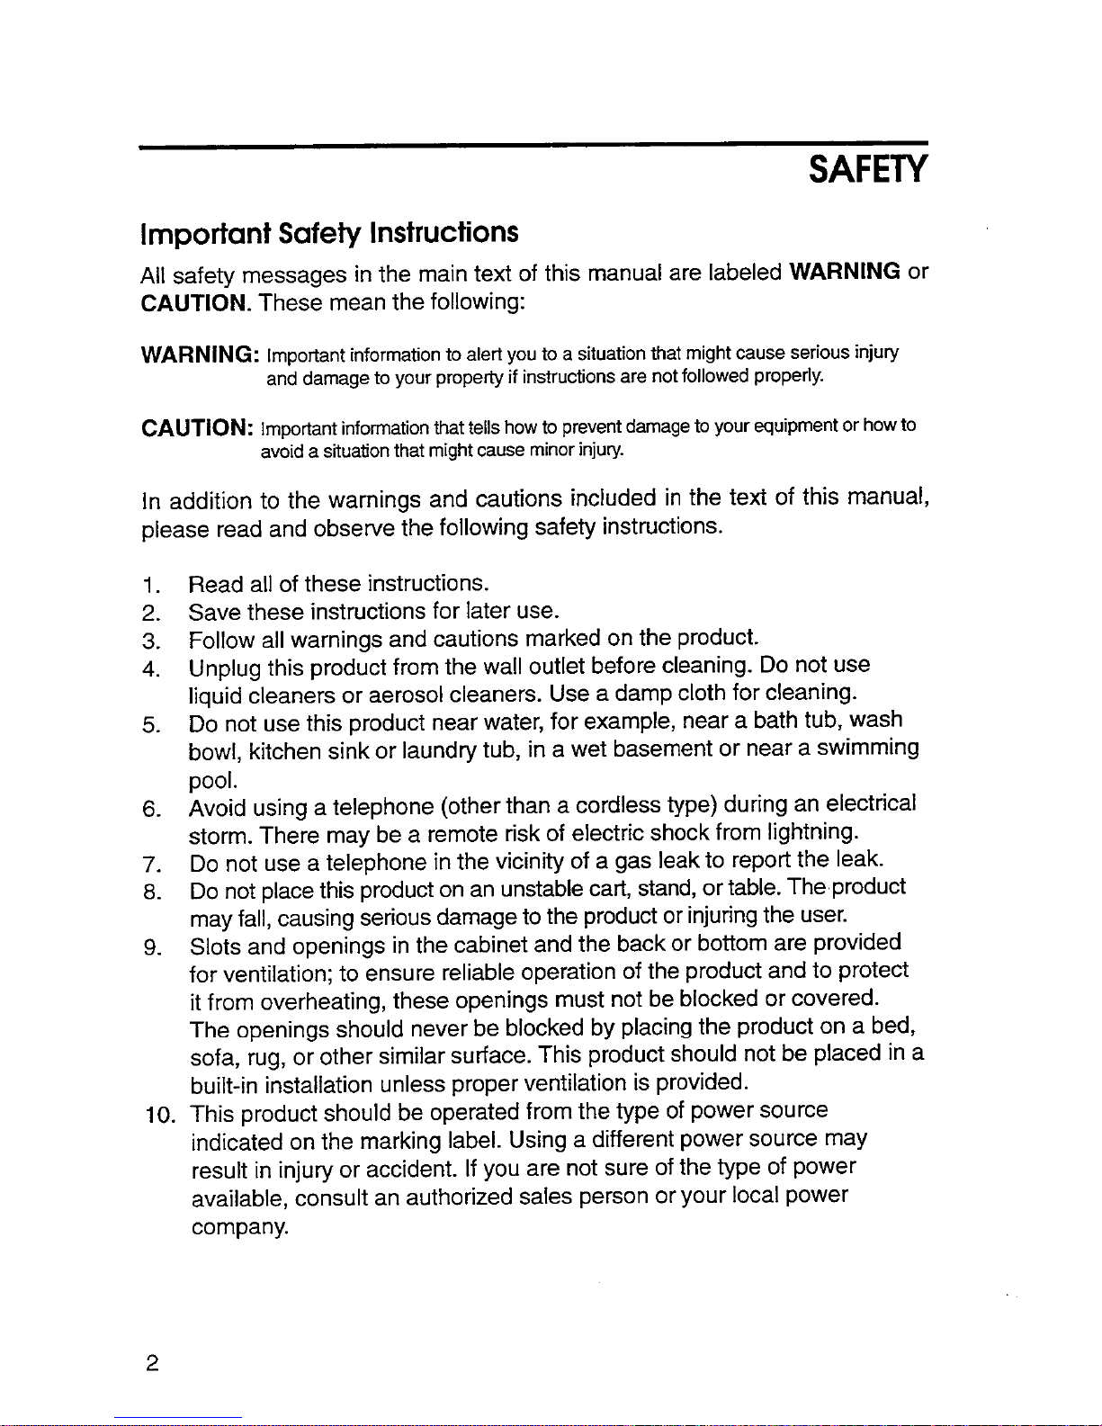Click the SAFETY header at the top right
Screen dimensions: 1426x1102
coord(866,169)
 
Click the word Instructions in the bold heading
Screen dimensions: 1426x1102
coord(444,233)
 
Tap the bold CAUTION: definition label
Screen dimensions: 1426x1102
coord(197,426)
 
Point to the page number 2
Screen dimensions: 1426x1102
coord(152,1364)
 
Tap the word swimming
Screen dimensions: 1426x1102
coord(867,749)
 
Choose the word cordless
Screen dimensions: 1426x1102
coord(618,804)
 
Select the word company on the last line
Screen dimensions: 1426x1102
coord(239,1227)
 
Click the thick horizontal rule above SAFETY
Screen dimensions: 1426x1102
coord(533,143)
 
